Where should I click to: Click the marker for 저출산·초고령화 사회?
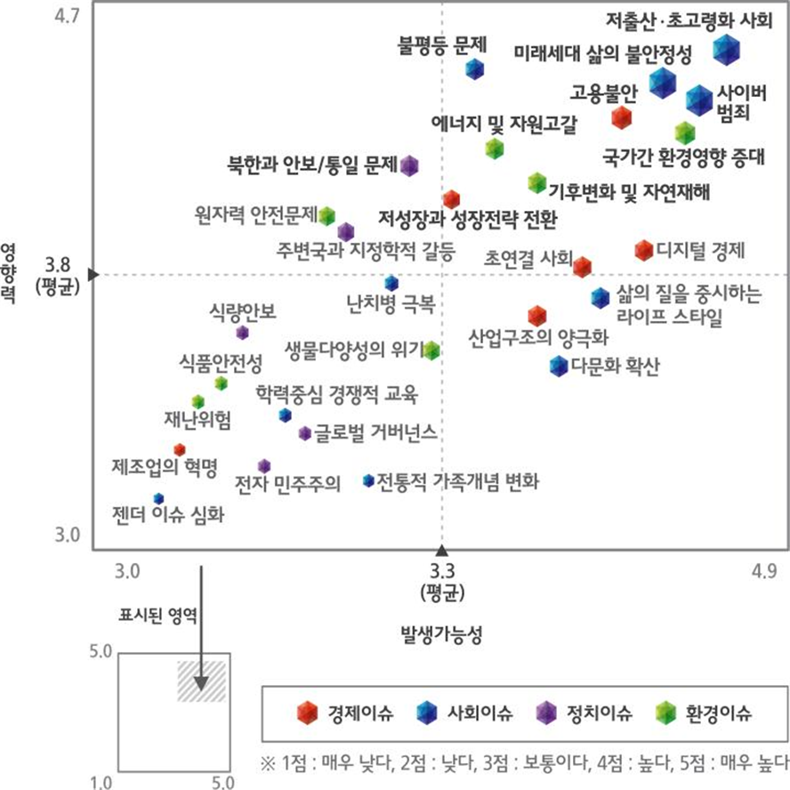click(x=727, y=50)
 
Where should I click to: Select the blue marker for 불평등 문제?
click(x=475, y=69)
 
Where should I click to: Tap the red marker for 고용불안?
click(x=621, y=117)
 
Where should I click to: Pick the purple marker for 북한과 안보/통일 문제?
click(x=409, y=165)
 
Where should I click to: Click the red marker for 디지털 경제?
click(x=644, y=250)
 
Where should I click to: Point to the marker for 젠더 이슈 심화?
click(x=158, y=498)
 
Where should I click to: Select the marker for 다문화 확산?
click(x=558, y=365)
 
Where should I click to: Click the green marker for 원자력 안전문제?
click(x=326, y=214)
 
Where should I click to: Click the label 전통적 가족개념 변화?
click(x=457, y=481)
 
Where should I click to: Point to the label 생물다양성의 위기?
click(x=353, y=348)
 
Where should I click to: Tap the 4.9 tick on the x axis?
click(x=764, y=570)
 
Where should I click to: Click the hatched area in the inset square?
click(x=201, y=681)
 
